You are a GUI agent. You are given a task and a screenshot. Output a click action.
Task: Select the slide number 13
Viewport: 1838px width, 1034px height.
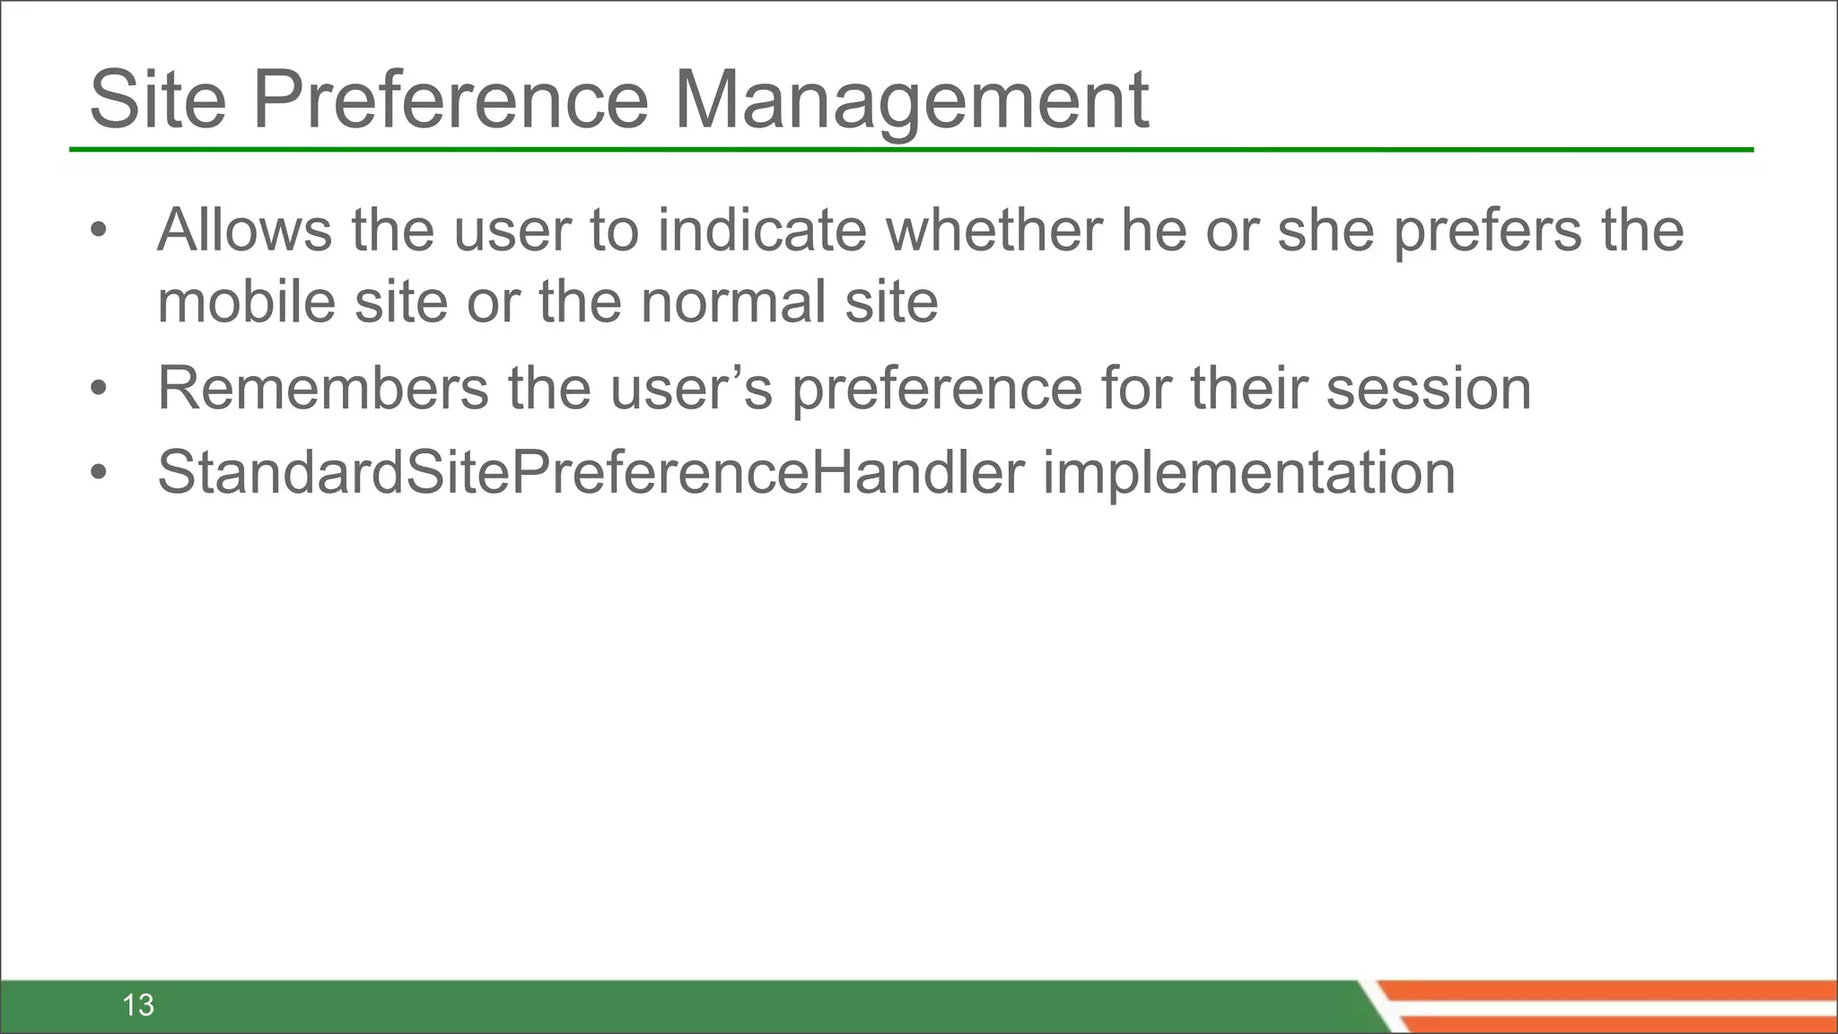point(138,1005)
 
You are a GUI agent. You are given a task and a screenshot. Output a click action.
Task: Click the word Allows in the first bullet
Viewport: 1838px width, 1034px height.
point(244,230)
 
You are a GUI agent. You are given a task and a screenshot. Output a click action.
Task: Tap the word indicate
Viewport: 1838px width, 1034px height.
point(762,230)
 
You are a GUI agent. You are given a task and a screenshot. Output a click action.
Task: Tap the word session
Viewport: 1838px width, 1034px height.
point(1428,390)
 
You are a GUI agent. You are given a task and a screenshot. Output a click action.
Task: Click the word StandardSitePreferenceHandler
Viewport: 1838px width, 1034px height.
point(591,473)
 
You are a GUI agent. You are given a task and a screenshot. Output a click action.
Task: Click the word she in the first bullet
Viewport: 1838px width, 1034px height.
point(1325,230)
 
